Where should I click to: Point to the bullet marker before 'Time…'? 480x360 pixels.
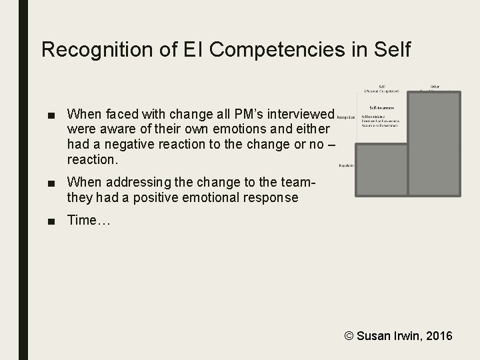[52, 221]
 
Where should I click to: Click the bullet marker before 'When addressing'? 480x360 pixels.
[52, 182]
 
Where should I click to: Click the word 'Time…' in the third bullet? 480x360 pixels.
[83, 221]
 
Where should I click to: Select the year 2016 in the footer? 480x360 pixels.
[437, 335]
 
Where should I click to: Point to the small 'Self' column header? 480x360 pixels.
[381, 86]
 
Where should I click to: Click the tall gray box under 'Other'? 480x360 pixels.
[434, 143]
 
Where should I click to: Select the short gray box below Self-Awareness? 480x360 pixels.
[381, 169]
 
